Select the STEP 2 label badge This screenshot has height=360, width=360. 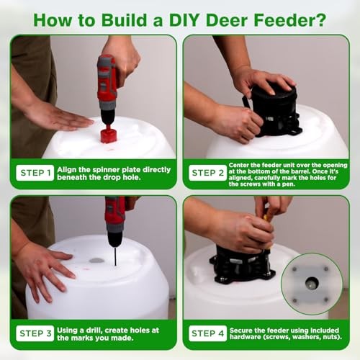point(207,173)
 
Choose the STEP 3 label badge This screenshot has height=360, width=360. point(35,333)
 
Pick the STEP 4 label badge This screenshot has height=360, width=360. point(207,333)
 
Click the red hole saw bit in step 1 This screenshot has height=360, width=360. point(108,135)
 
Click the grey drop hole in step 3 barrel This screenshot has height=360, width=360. point(96,260)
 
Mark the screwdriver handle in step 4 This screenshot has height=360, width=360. point(269,215)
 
